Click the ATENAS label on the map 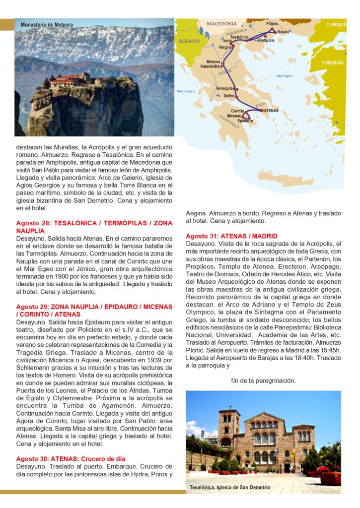coord(271,111)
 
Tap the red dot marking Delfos coord(237,97)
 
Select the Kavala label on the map coord(284,32)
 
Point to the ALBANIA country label coord(188,42)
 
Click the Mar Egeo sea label coord(285,76)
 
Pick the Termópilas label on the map coord(225,88)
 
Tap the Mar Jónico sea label coord(186,91)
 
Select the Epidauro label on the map coord(246,121)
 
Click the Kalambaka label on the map coord(210,66)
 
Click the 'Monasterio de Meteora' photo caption coord(47,25)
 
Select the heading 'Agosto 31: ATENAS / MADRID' coord(232,236)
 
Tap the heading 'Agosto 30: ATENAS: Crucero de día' coord(71,458)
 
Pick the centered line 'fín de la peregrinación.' coord(263,381)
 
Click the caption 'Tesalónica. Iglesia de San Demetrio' coord(230,488)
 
